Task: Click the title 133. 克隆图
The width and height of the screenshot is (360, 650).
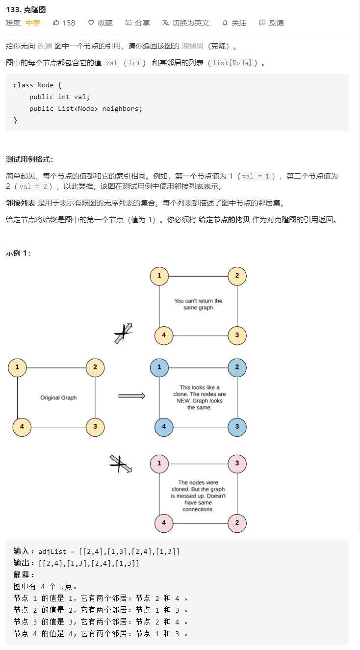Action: [26, 10]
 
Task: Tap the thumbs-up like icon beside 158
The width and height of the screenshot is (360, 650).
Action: [56, 23]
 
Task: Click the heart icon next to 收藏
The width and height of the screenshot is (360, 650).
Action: [91, 23]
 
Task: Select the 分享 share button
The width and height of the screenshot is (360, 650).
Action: [137, 23]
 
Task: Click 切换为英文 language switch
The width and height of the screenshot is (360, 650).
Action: [186, 23]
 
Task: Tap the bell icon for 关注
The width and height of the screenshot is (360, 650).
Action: [225, 23]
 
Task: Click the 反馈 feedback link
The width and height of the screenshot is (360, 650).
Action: [271, 23]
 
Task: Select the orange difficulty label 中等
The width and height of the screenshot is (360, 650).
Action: [33, 23]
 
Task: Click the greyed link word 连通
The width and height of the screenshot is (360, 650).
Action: [45, 46]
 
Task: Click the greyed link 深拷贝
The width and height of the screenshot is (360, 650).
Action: [193, 46]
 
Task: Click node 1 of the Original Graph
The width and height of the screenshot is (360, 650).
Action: [17, 367]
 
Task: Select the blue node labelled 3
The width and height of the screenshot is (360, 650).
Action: [237, 427]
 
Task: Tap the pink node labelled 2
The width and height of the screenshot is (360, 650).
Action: [237, 523]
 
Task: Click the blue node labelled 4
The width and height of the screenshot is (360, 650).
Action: [164, 427]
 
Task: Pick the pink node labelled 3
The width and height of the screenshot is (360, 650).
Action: [237, 464]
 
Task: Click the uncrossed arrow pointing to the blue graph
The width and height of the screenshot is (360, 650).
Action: [132, 396]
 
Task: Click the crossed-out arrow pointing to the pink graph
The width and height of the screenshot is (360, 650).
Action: [121, 464]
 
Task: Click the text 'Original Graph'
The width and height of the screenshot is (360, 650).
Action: [58, 397]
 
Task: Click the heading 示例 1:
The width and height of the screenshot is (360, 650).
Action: [18, 253]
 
